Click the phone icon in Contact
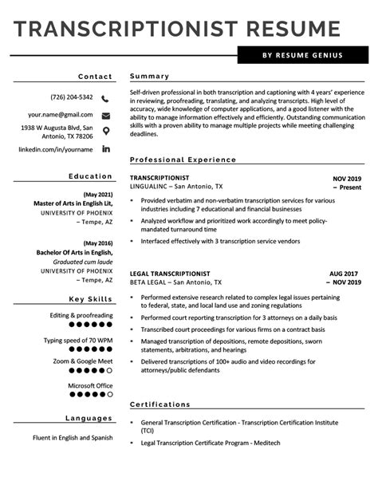[106, 98]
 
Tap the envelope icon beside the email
[106, 116]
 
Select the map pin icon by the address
[106, 131]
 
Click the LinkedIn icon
[106, 149]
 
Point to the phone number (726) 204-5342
[72, 98]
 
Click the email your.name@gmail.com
[60, 116]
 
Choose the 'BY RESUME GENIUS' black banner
[303, 56]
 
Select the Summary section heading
[149, 77]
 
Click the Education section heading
[90, 176]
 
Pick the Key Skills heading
[90, 299]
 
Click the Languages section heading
[89, 419]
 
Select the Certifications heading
[160, 404]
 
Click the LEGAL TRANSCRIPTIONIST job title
[170, 274]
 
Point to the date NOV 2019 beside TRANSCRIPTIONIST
[347, 179]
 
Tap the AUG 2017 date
[345, 274]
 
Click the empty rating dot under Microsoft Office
[110, 394]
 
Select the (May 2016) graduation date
[98, 243]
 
